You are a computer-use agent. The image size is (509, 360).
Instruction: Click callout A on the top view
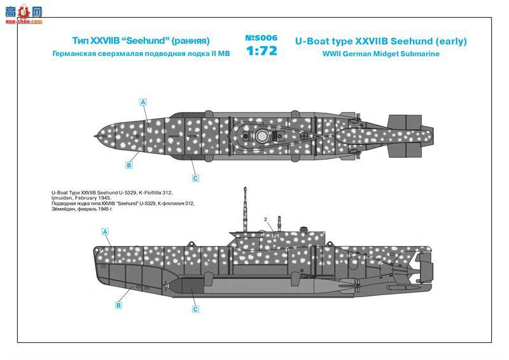click(x=143, y=102)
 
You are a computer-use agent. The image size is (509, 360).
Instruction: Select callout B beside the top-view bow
click(x=129, y=165)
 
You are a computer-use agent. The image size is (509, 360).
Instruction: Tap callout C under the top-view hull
click(x=195, y=178)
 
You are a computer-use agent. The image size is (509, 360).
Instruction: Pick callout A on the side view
click(x=106, y=232)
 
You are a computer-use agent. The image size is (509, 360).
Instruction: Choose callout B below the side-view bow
click(x=118, y=305)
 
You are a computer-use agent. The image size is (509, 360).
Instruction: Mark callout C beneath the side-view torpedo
click(x=195, y=309)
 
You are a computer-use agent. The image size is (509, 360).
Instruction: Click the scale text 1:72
click(x=260, y=52)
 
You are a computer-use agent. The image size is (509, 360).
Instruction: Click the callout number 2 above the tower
click(x=265, y=219)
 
